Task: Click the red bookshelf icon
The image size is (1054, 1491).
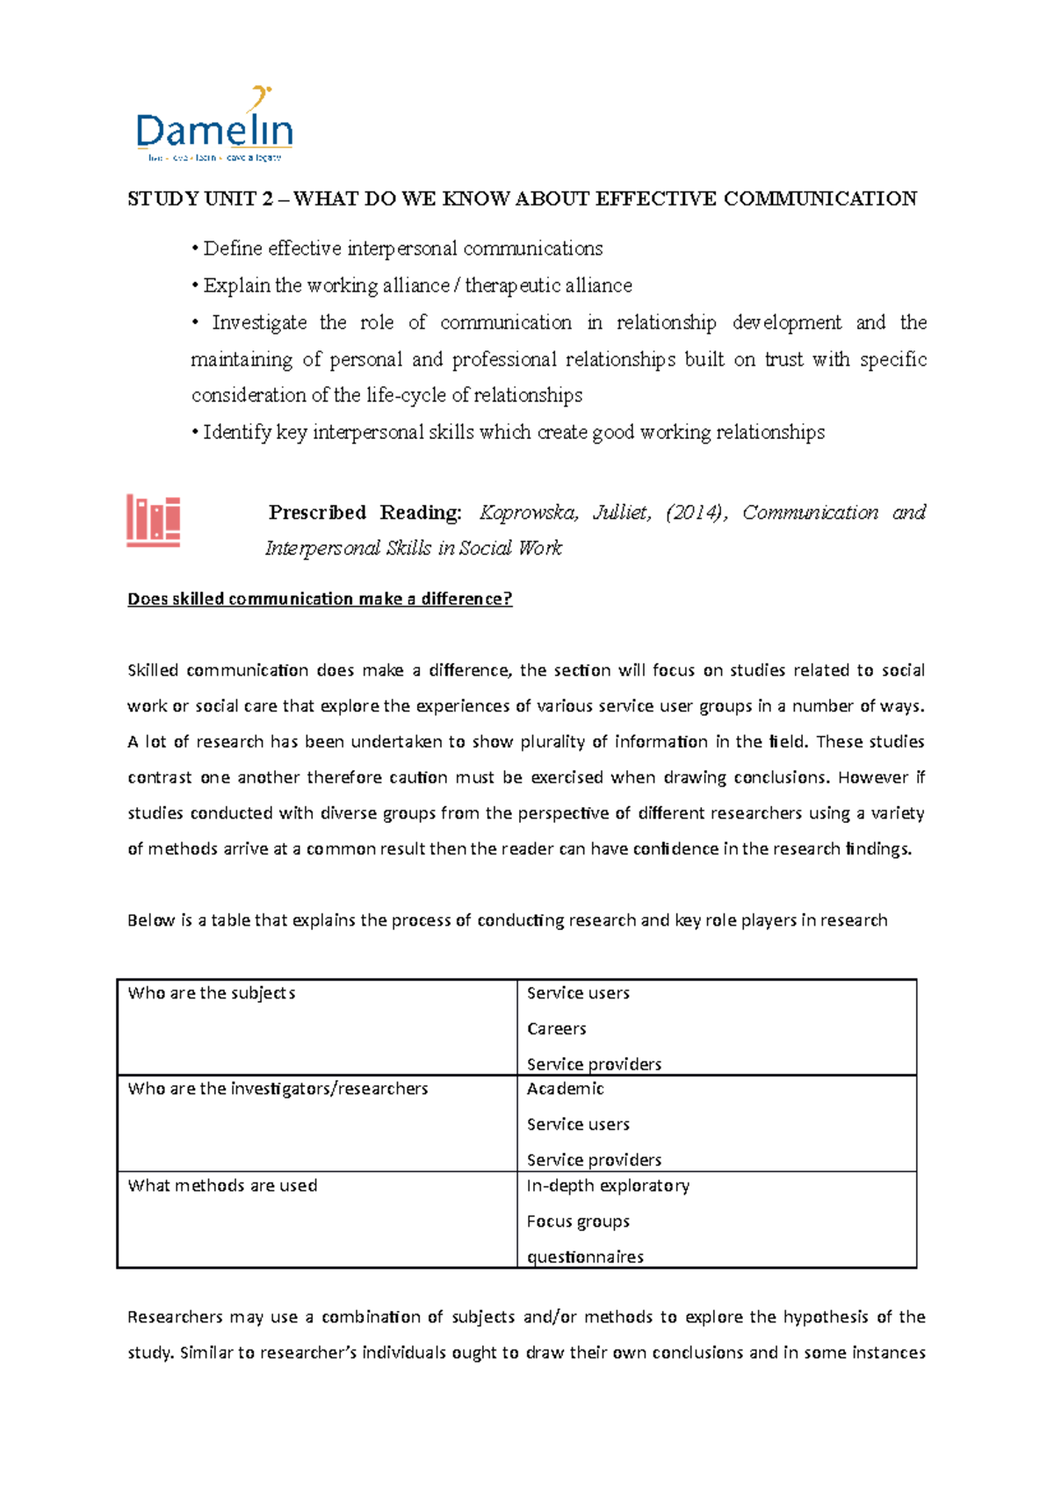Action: (153, 521)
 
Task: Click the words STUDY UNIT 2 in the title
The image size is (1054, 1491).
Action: (199, 199)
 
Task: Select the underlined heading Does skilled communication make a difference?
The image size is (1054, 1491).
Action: (320, 599)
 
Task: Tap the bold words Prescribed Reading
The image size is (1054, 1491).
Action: (365, 513)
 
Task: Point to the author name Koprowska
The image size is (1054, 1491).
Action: (528, 513)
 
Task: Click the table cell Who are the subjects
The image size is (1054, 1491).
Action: (212, 993)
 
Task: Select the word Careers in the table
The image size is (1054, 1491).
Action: (556, 1028)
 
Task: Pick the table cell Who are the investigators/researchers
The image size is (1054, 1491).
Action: (278, 1089)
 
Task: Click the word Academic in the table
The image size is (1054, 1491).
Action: (565, 1089)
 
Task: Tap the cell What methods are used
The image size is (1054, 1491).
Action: (222, 1185)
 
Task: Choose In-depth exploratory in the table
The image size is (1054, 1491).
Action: (608, 1185)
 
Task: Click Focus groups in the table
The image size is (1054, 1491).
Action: (578, 1221)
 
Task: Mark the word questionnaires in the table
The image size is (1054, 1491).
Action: (585, 1257)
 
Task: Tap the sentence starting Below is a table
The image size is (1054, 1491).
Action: (507, 920)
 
